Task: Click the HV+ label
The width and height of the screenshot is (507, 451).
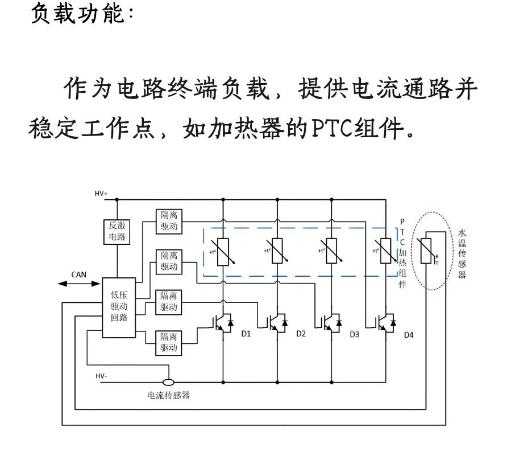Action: [x=101, y=194]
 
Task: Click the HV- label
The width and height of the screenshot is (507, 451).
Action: [x=101, y=376]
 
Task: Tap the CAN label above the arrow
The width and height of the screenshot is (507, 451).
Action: [x=78, y=274]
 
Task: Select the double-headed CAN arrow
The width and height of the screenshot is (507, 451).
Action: [x=79, y=284]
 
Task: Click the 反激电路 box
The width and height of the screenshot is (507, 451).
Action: [x=117, y=232]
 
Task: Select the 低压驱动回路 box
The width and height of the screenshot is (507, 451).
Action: [x=119, y=307]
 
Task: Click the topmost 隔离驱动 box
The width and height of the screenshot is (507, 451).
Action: [x=169, y=222]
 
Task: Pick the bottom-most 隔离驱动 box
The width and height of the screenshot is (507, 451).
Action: [x=168, y=343]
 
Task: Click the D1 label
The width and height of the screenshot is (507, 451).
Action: [x=246, y=334]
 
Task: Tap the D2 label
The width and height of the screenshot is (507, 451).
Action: [x=301, y=334]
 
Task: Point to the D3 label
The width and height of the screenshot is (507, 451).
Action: [x=354, y=334]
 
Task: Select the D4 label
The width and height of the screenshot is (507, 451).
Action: [x=409, y=335]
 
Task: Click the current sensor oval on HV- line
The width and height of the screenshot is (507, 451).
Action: [x=168, y=382]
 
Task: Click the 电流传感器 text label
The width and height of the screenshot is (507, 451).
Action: [x=168, y=395]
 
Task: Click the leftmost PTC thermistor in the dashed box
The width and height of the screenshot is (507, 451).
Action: [x=223, y=252]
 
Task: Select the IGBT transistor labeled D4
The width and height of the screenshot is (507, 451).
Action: [x=386, y=323]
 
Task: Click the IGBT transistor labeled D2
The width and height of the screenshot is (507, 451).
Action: [x=277, y=323]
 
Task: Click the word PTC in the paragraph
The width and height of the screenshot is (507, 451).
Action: [x=332, y=128]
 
